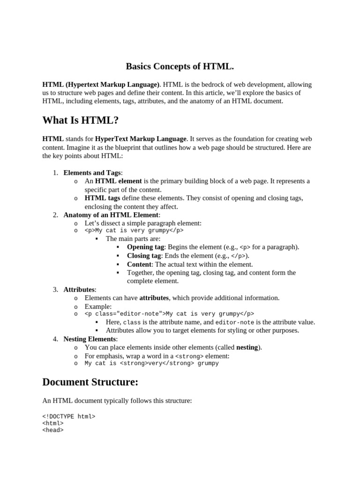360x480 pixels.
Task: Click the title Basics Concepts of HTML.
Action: point(180,66)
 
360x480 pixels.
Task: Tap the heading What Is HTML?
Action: point(80,120)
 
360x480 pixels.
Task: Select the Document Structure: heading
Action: point(90,382)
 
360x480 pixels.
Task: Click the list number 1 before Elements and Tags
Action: point(55,173)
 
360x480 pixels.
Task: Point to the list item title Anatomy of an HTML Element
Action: point(112,215)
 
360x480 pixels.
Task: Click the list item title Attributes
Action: point(79,290)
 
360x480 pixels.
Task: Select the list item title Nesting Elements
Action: point(90,339)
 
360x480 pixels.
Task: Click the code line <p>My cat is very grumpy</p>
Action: point(134,231)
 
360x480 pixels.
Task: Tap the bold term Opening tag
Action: point(145,247)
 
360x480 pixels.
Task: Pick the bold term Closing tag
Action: point(144,255)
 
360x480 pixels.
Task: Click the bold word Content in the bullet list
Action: point(139,264)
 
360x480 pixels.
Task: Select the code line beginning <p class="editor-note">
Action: point(169,314)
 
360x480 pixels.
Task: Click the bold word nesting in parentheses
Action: point(247,347)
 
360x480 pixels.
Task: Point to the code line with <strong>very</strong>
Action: point(151,363)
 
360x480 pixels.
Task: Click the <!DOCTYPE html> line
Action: point(69,416)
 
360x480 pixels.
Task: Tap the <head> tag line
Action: point(53,430)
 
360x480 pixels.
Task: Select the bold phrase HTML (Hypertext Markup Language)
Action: point(101,85)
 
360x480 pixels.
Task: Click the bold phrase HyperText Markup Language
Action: point(141,139)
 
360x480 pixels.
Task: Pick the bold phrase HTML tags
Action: point(102,198)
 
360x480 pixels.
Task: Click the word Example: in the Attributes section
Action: point(98,307)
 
